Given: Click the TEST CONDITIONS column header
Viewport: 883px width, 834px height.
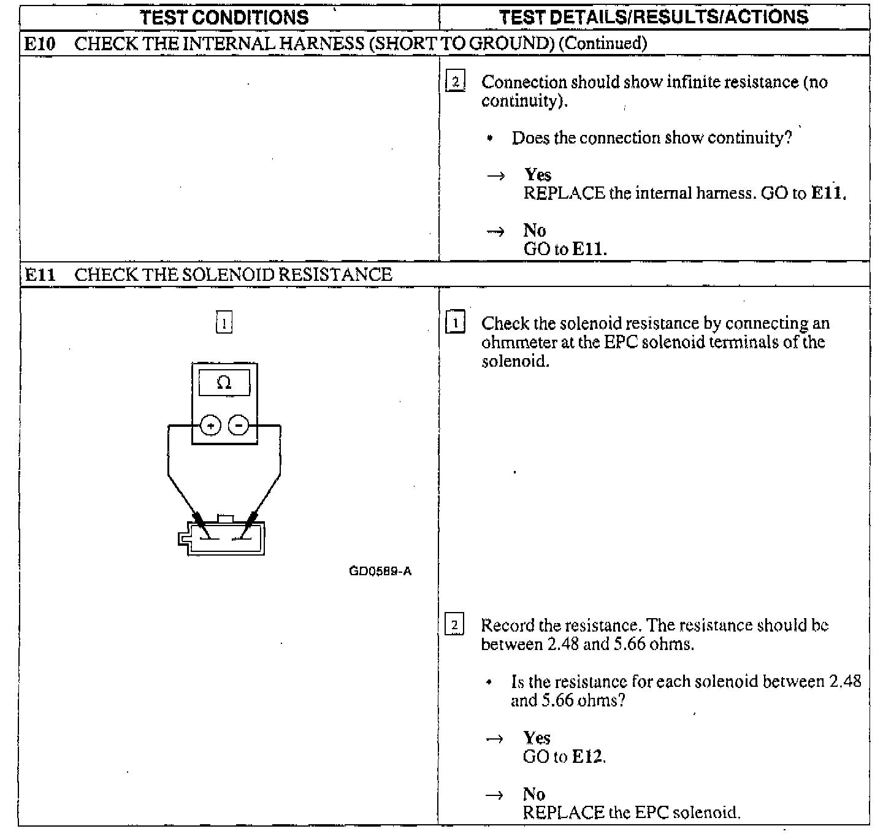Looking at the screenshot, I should (224, 17).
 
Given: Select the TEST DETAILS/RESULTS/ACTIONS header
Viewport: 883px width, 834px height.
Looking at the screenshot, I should (654, 17).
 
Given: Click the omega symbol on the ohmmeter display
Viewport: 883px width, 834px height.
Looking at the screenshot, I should (224, 383).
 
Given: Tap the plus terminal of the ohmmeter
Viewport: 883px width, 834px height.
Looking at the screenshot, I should (210, 425).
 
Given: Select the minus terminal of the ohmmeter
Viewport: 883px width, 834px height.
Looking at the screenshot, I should (239, 425).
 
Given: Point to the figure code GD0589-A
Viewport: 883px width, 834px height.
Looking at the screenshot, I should (380, 572).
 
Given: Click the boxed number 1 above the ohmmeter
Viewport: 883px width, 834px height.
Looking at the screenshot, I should (224, 323).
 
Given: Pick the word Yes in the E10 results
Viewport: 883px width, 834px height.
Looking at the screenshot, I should (538, 175).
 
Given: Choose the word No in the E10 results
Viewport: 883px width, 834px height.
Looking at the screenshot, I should (534, 231).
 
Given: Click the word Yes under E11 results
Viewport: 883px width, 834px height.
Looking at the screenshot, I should (537, 738).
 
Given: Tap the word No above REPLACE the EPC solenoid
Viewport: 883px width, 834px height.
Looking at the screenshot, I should (533, 794).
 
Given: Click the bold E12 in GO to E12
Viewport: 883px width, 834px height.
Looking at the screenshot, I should (587, 757).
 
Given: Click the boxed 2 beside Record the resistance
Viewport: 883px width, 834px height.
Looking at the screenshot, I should (454, 625).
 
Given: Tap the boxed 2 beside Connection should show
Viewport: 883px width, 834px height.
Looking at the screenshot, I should (455, 82).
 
